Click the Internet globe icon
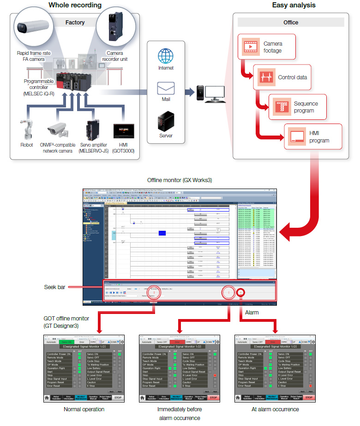165,56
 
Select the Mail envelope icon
165,88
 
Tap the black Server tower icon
165,121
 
